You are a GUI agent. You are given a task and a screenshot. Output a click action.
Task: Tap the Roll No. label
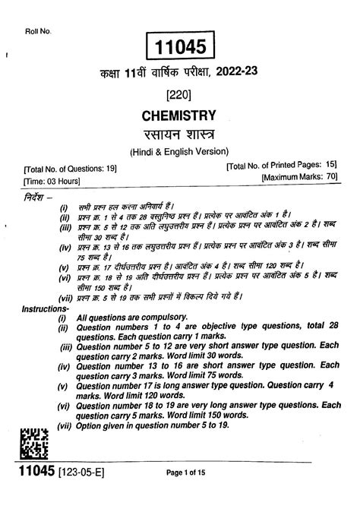point(37,30)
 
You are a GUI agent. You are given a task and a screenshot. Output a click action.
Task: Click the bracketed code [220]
point(179,95)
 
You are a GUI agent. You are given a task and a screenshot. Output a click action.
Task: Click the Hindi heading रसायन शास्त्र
point(179,134)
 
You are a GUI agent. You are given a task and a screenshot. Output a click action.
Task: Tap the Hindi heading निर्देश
point(36,196)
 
